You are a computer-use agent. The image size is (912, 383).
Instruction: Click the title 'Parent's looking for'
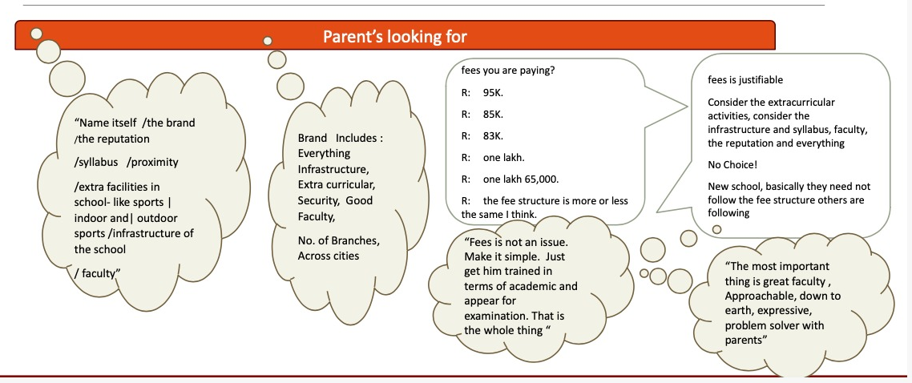click(394, 36)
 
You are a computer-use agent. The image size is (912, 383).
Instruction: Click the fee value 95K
click(493, 92)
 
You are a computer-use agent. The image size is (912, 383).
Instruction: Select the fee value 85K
click(493, 114)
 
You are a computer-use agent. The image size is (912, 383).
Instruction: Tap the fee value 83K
click(493, 135)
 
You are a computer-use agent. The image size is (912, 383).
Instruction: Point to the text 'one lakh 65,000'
click(520, 179)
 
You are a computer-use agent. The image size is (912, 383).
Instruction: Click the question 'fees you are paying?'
click(508, 70)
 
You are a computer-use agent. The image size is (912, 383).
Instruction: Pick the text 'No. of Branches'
click(338, 240)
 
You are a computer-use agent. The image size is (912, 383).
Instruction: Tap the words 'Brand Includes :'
click(340, 139)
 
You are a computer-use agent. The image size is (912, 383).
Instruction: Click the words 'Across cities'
click(329, 256)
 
